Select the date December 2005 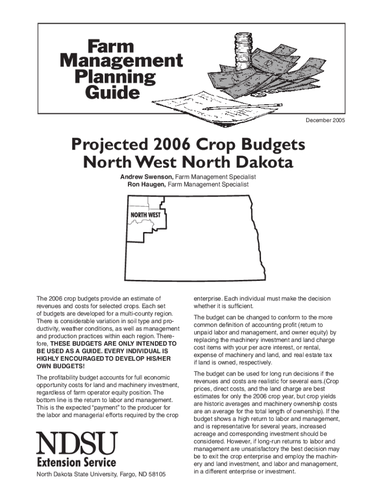325,120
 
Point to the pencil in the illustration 242,107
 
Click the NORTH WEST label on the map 145,215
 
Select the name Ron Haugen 146,185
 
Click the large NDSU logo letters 77,443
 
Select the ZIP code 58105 155,474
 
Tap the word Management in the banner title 121,61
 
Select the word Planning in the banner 115,77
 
